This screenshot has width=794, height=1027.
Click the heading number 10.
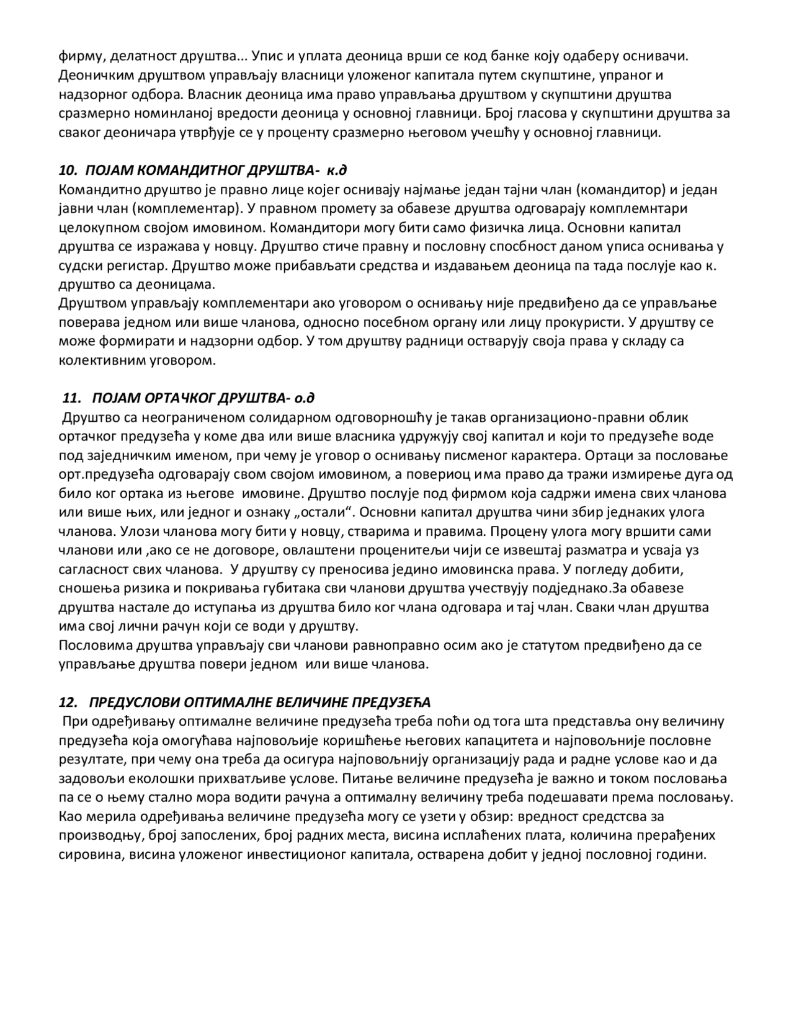[67, 171]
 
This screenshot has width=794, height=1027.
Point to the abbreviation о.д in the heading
[306, 398]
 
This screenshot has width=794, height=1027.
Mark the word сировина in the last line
[86, 855]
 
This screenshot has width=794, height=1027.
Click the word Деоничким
[91, 76]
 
